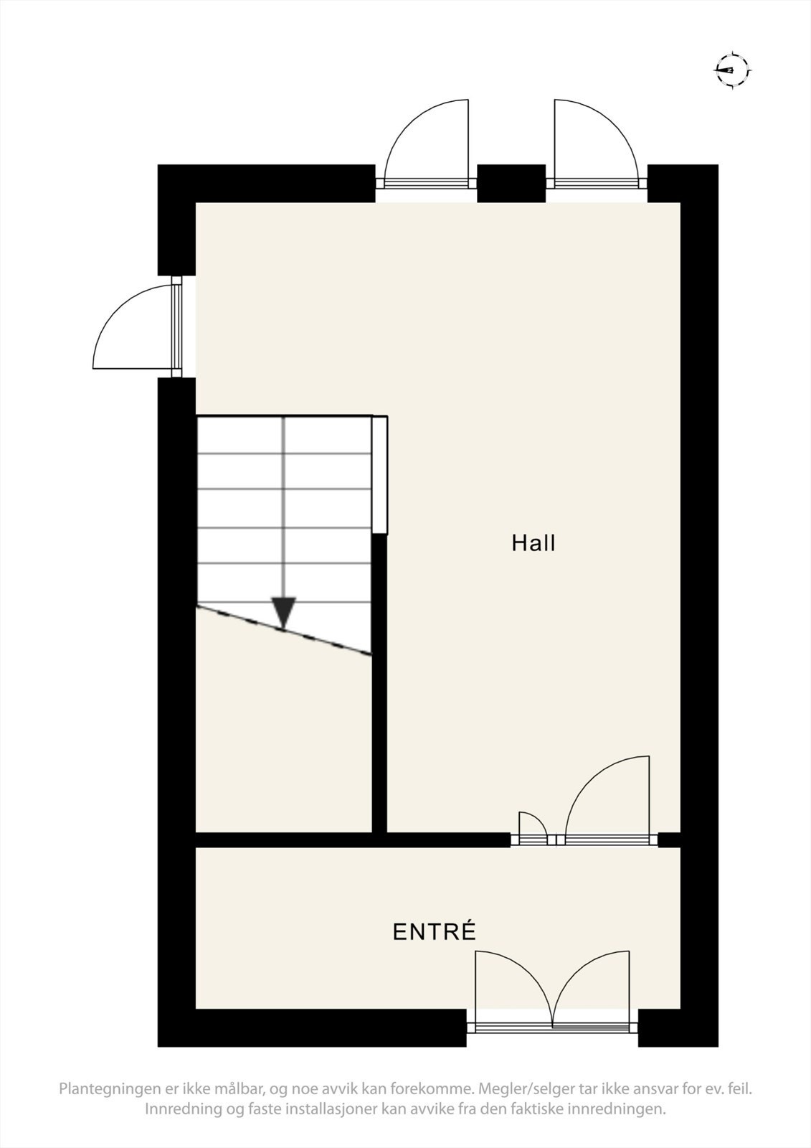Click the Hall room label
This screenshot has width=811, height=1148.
tap(533, 543)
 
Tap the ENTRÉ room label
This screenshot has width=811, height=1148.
tap(435, 932)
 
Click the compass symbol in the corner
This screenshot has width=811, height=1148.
tap(732, 70)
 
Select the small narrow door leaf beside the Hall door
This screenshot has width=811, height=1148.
tap(531, 826)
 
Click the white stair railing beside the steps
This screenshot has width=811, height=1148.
tap(380, 474)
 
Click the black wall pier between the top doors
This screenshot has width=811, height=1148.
tap(511, 183)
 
